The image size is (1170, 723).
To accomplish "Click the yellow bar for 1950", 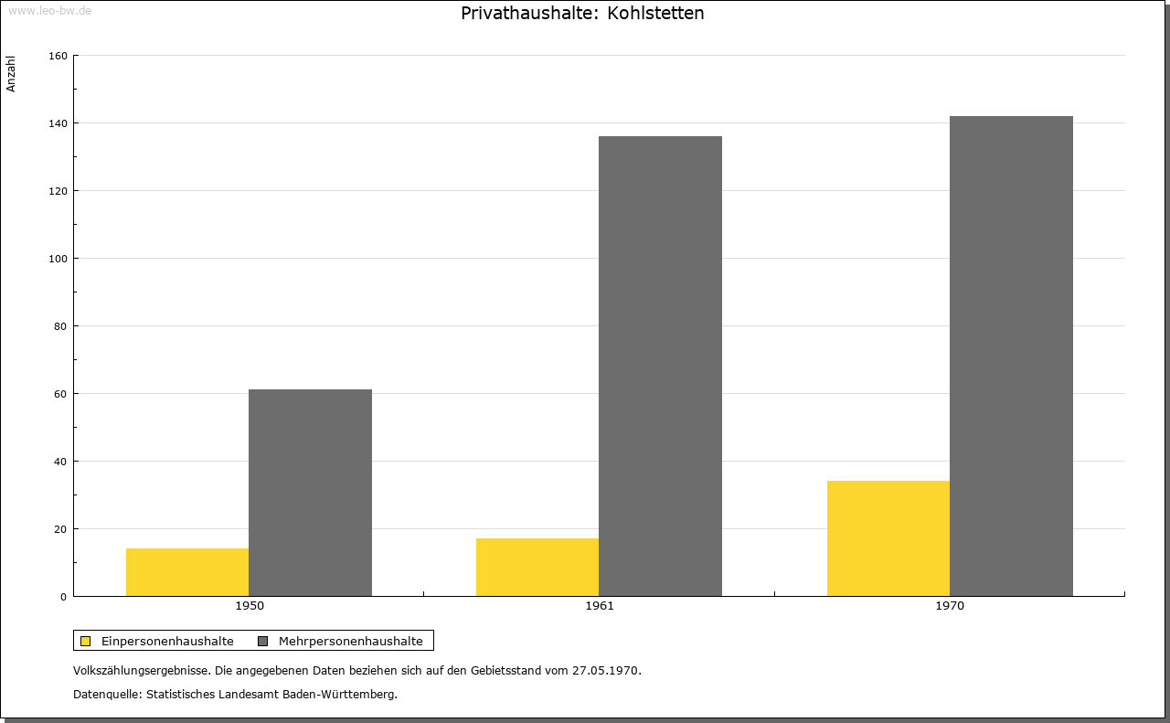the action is pos(187,572).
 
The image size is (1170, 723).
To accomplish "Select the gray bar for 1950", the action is pos(310,493).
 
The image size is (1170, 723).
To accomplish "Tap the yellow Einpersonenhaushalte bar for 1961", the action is pos(537,567).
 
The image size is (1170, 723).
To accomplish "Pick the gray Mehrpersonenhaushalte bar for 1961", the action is pos(660,367).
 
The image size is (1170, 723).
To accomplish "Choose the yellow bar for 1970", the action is pos(888,538).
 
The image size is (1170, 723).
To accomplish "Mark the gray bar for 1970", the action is pos(1011,356).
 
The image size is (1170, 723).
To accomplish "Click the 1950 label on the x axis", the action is pos(250,606).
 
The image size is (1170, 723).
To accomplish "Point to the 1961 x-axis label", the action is pos(600,606).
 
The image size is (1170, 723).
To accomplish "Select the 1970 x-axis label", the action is pos(950,606).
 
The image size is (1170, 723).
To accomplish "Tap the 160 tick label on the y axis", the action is pos(58,56).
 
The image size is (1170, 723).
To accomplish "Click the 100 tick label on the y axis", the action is pos(58,259).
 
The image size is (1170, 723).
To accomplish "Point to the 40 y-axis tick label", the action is pos(60,462).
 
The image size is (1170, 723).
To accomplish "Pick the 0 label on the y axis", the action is pos(64,597).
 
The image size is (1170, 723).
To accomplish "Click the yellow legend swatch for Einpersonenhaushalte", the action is pos(85,641).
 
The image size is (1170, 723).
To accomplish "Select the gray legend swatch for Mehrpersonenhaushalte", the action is pos(262,641).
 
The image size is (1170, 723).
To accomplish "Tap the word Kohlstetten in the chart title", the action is pos(655,13).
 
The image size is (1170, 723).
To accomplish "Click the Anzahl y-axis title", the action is pos(11,74).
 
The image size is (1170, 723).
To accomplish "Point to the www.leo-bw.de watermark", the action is pos(50,10).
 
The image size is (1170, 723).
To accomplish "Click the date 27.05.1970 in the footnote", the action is pos(605,670).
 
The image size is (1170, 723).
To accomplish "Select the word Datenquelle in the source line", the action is pos(106,695).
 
